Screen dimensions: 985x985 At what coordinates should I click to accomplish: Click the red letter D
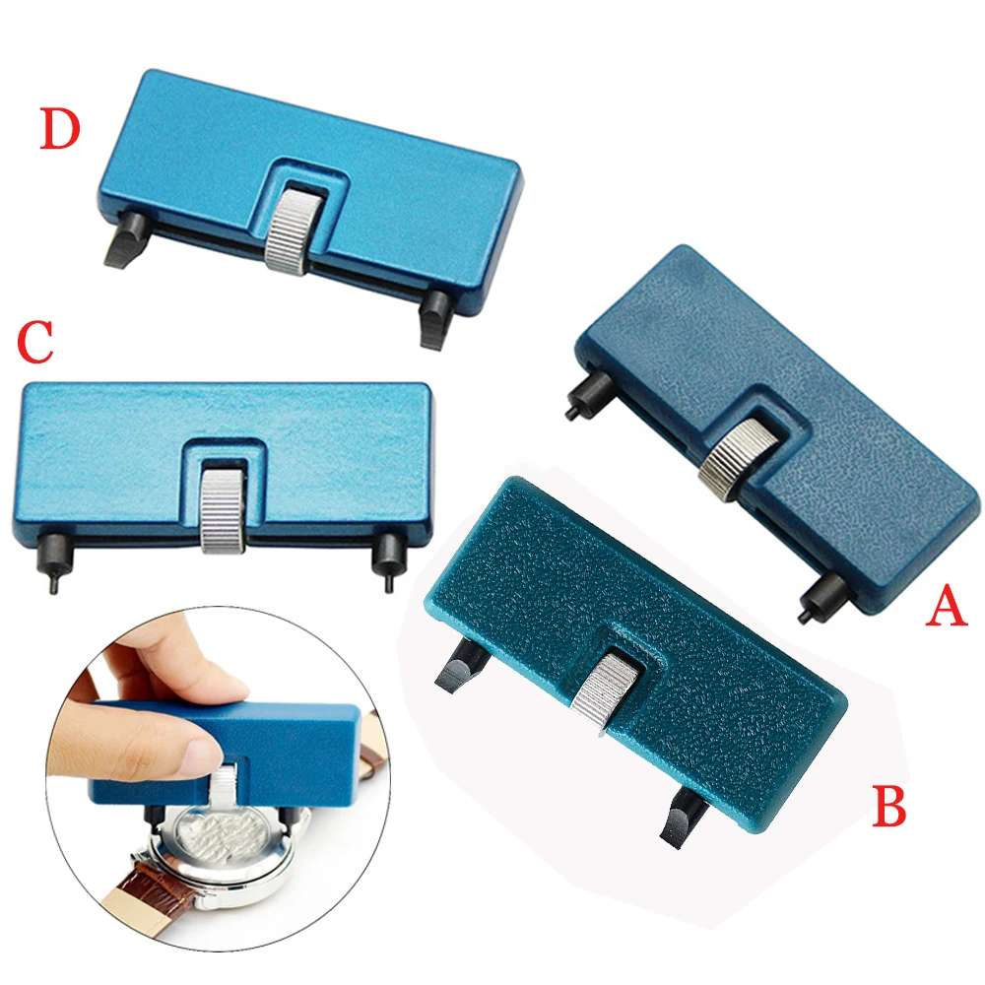click(x=59, y=130)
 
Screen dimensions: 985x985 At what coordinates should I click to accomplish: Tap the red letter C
click(x=34, y=344)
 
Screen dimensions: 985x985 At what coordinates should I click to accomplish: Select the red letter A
click(x=946, y=609)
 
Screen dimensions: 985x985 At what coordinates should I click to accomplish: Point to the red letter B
click(x=889, y=806)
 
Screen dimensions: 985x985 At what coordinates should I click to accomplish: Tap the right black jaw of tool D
click(x=433, y=319)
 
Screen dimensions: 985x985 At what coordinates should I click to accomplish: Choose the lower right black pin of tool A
click(x=816, y=598)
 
